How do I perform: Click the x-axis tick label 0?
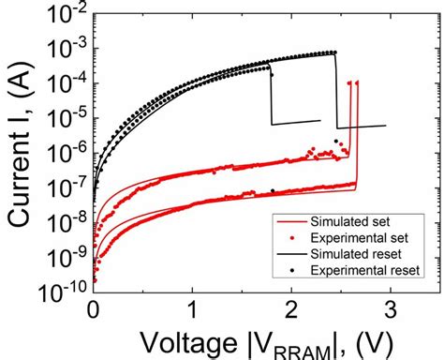coord(94,307)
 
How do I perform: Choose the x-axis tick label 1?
coord(193,307)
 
